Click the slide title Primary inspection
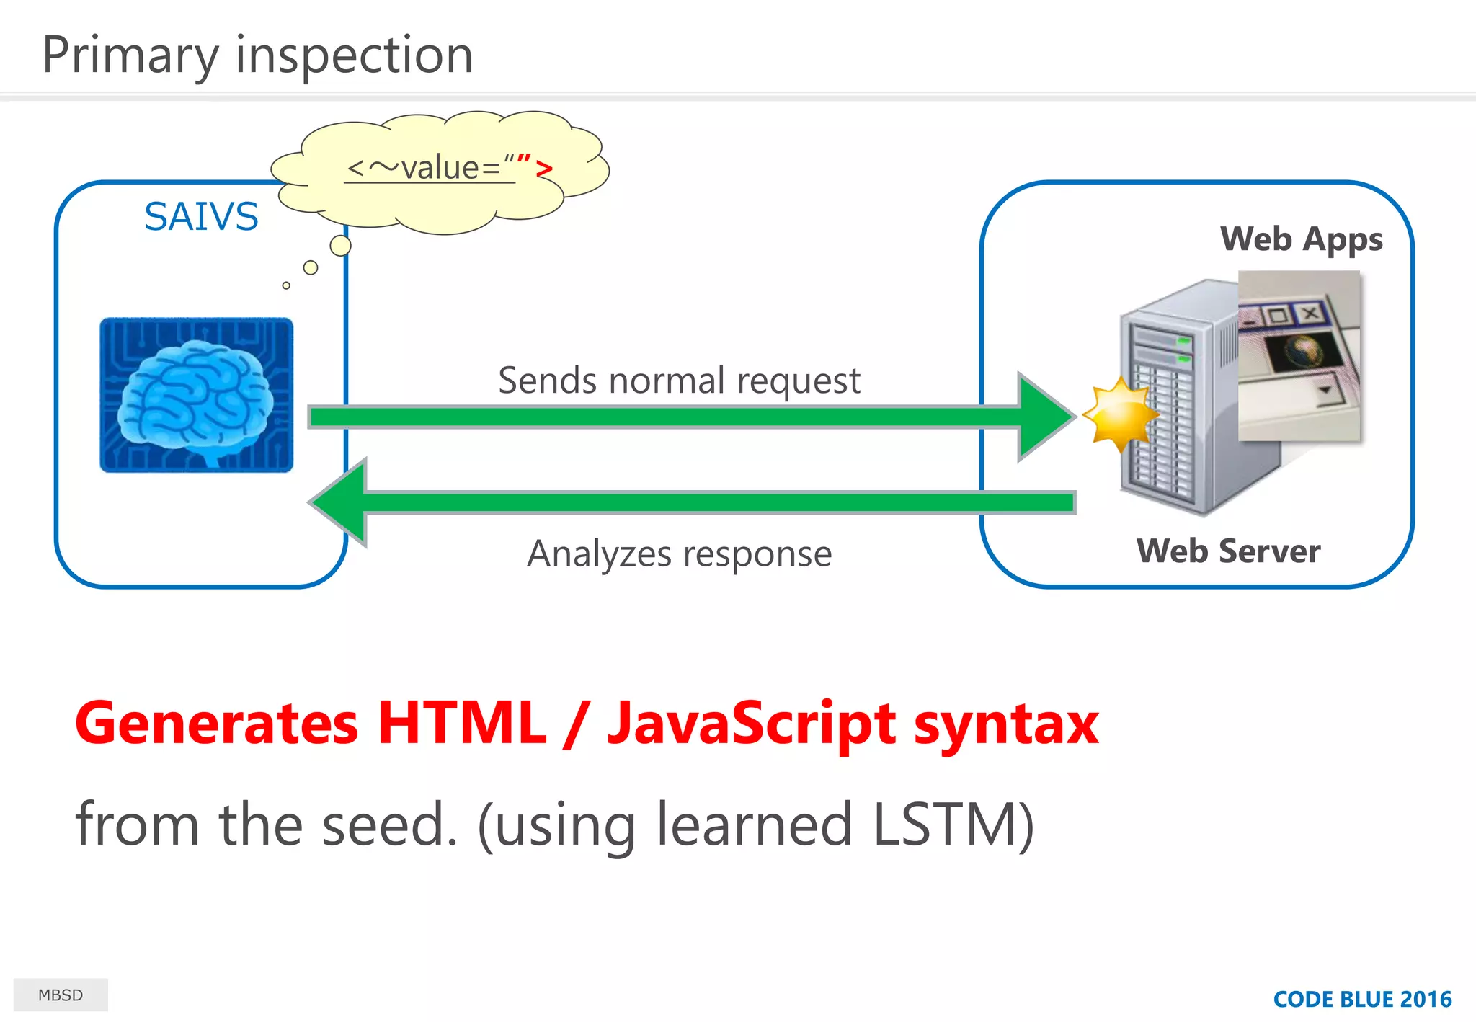pyautogui.click(x=257, y=55)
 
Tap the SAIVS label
pyautogui.click(x=201, y=217)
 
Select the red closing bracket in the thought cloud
pyautogui.click(x=544, y=170)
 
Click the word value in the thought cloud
pyautogui.click(x=440, y=168)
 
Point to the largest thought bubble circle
pyautogui.click(x=340, y=246)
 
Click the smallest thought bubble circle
pyautogui.click(x=286, y=285)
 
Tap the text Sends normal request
pyautogui.click(x=679, y=381)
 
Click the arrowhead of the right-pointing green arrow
pyautogui.click(x=1045, y=417)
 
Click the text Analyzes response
pyautogui.click(x=679, y=554)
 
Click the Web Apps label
pyautogui.click(x=1301, y=239)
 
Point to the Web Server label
pyautogui.click(x=1228, y=551)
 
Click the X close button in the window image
pyautogui.click(x=1310, y=314)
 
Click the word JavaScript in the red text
pyautogui.click(x=752, y=724)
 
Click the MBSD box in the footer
pyautogui.click(x=61, y=995)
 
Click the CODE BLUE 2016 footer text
pyautogui.click(x=1362, y=999)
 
